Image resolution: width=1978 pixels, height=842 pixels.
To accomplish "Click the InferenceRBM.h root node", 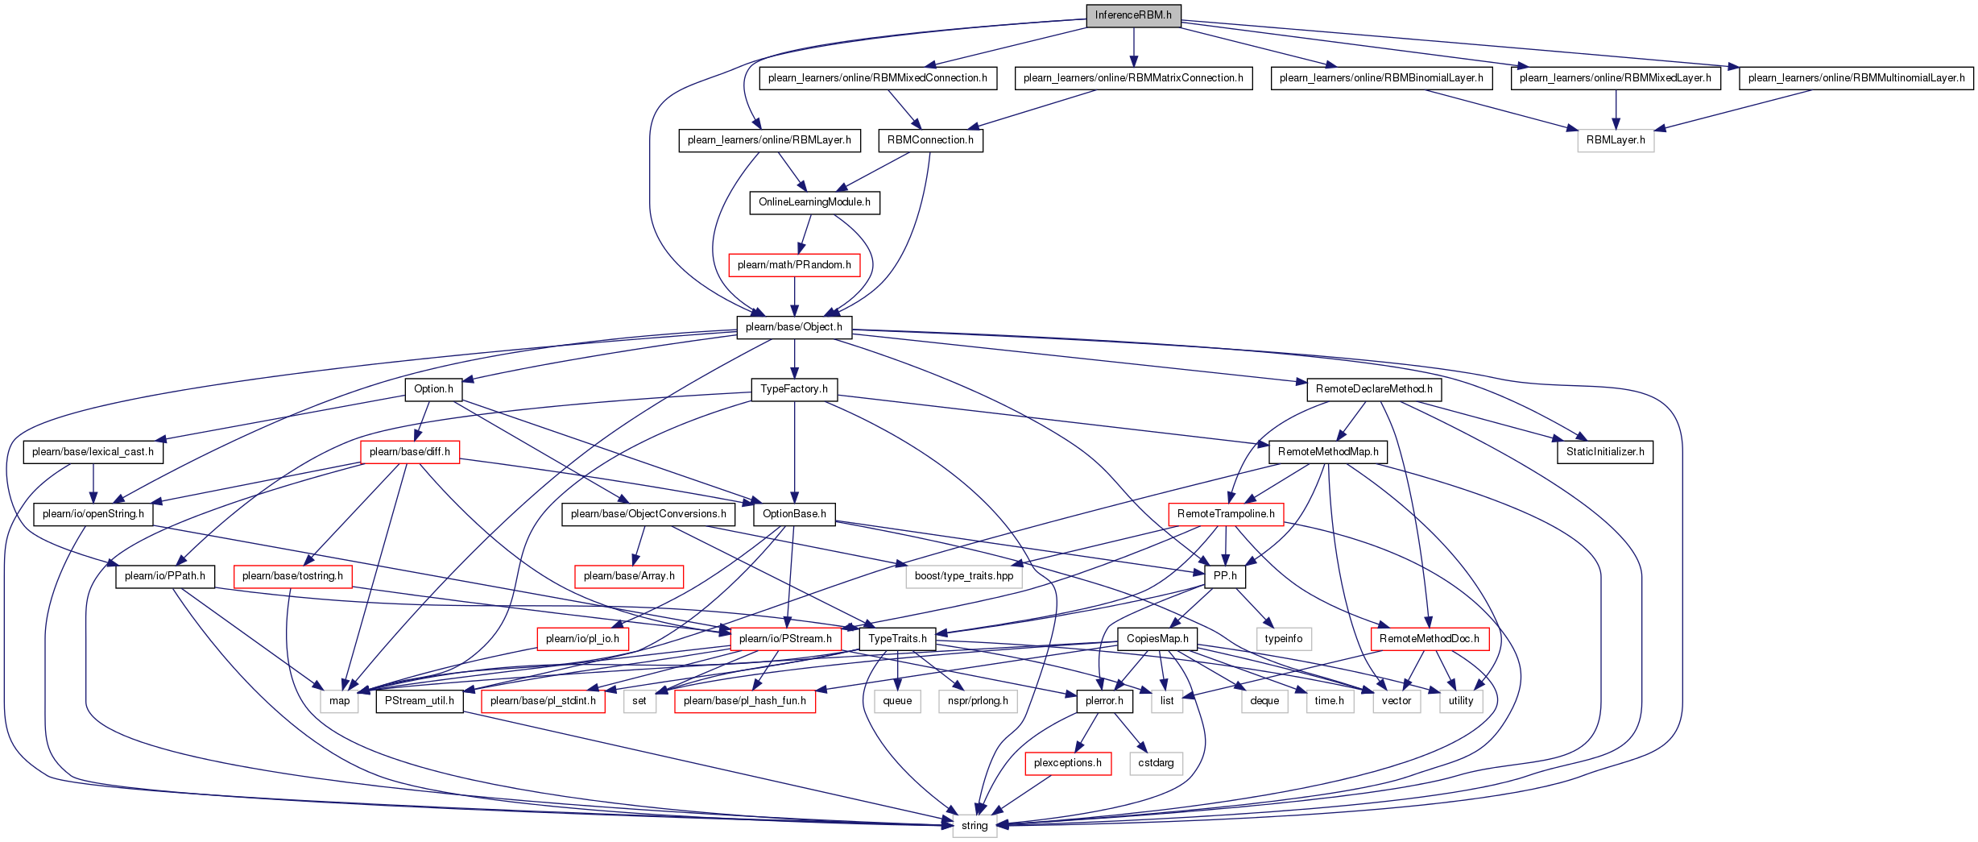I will pyautogui.click(x=1133, y=15).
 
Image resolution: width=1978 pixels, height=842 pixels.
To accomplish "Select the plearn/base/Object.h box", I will pyautogui.click(x=794, y=327).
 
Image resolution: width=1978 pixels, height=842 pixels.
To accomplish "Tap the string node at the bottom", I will pyautogui.click(x=975, y=826).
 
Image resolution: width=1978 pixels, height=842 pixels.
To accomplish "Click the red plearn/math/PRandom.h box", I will pyautogui.click(x=794, y=265).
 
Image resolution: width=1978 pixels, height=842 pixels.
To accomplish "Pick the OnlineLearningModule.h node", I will pyautogui.click(x=814, y=202).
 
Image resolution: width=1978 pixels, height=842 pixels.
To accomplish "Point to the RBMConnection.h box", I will pyautogui.click(x=930, y=140).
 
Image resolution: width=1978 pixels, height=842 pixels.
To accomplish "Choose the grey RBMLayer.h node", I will pyautogui.click(x=1616, y=140).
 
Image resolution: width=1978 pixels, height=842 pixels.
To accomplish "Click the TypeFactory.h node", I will pyautogui.click(x=794, y=389).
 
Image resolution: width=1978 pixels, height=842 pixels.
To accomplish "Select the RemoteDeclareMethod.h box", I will pyautogui.click(x=1374, y=389).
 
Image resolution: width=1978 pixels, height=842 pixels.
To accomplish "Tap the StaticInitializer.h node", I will pyautogui.click(x=1605, y=452).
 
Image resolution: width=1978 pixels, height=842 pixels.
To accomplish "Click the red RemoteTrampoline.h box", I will pyautogui.click(x=1226, y=514).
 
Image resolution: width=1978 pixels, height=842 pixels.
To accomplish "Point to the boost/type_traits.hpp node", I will pyautogui.click(x=964, y=576).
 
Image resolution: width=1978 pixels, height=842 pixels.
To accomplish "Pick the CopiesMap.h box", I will pyautogui.click(x=1157, y=639).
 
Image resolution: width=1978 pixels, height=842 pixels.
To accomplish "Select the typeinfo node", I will pyautogui.click(x=1284, y=639).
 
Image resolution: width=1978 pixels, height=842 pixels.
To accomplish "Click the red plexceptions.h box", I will pyautogui.click(x=1068, y=763).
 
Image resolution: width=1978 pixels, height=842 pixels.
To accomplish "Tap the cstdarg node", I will pyautogui.click(x=1156, y=763).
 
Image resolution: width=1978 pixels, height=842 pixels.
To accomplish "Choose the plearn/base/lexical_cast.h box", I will pyautogui.click(x=93, y=452).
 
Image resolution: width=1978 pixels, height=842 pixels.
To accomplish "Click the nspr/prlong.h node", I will pyautogui.click(x=978, y=701).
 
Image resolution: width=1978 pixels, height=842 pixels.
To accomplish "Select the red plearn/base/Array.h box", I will pyautogui.click(x=629, y=576).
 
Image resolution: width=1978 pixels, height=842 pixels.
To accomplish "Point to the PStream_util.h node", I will pyautogui.click(x=420, y=701).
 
